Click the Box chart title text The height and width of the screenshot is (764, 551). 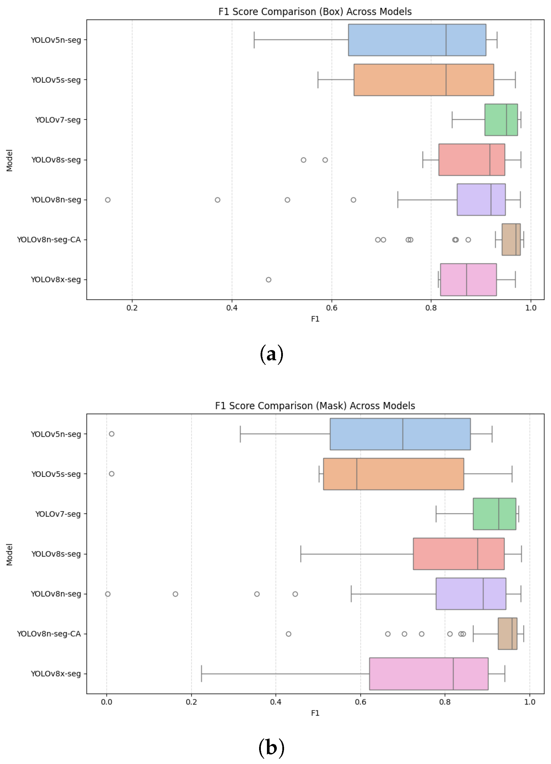point(315,12)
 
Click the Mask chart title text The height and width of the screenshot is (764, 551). point(315,405)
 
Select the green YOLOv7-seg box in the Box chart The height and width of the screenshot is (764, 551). point(501,120)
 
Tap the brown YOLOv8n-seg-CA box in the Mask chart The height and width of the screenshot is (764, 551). point(507,634)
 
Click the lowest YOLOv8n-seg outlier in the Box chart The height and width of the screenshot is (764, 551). point(108,200)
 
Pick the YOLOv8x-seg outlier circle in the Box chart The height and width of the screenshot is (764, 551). point(268,280)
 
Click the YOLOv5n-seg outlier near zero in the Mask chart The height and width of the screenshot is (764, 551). point(111,434)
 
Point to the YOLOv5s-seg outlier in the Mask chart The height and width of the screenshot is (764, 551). point(111,474)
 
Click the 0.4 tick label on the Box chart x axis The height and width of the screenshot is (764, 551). point(232,308)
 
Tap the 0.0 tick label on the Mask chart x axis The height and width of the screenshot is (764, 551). point(106,702)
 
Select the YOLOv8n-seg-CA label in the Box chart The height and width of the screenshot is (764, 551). point(49,240)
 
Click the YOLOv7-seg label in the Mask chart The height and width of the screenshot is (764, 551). point(58,514)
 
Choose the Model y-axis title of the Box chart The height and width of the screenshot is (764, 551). point(10,160)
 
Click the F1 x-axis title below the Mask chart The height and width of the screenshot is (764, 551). point(315,713)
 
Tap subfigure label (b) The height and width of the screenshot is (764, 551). point(271,747)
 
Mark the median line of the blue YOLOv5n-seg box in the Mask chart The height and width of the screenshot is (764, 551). point(403,434)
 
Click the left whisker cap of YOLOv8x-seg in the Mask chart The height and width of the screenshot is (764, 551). point(202,674)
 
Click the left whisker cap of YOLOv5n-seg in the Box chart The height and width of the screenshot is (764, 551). point(254,40)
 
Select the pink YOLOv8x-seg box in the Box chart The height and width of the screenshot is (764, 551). point(468,280)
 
